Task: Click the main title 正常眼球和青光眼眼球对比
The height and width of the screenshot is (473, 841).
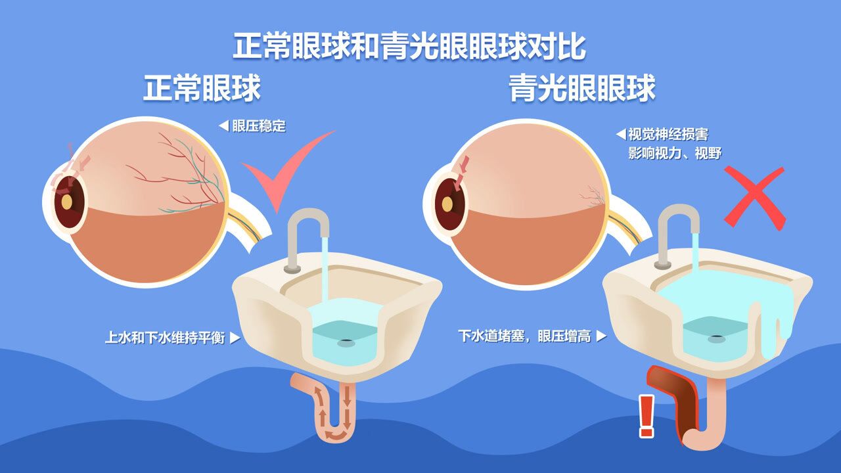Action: point(409,47)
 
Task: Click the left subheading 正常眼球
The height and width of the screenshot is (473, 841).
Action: point(202,89)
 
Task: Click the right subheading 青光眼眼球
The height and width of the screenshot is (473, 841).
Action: point(582,89)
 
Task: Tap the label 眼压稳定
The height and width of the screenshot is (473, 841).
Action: point(259,126)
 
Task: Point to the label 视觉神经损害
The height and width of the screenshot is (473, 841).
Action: point(668,135)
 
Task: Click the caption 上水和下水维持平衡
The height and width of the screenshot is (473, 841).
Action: point(165,338)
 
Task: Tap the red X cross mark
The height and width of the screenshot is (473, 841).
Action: point(754,197)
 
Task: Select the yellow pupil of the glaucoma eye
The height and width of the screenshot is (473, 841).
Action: point(447,204)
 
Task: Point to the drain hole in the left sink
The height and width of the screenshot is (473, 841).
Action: point(346,342)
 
